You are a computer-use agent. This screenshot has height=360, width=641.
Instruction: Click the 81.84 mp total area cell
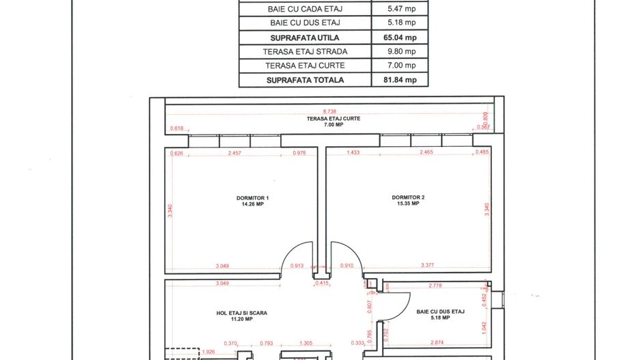point(400,80)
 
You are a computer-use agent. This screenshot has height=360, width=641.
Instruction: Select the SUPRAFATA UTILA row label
point(305,37)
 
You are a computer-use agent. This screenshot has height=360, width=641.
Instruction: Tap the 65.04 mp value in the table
point(400,37)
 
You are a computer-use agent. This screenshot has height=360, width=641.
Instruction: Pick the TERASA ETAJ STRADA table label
point(305,51)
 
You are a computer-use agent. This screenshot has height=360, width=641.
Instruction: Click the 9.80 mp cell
point(400,51)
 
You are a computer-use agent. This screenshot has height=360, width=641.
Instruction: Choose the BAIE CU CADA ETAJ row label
point(305,8)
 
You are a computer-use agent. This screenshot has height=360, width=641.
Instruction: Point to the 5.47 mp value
point(400,8)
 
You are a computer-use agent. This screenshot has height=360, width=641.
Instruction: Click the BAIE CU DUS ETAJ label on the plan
point(440,314)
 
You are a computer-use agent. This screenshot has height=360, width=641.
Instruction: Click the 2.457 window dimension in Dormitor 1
point(235,153)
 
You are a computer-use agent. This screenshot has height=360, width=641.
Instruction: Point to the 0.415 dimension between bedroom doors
point(320,283)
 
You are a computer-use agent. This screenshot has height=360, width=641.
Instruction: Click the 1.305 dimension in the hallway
point(310,343)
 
